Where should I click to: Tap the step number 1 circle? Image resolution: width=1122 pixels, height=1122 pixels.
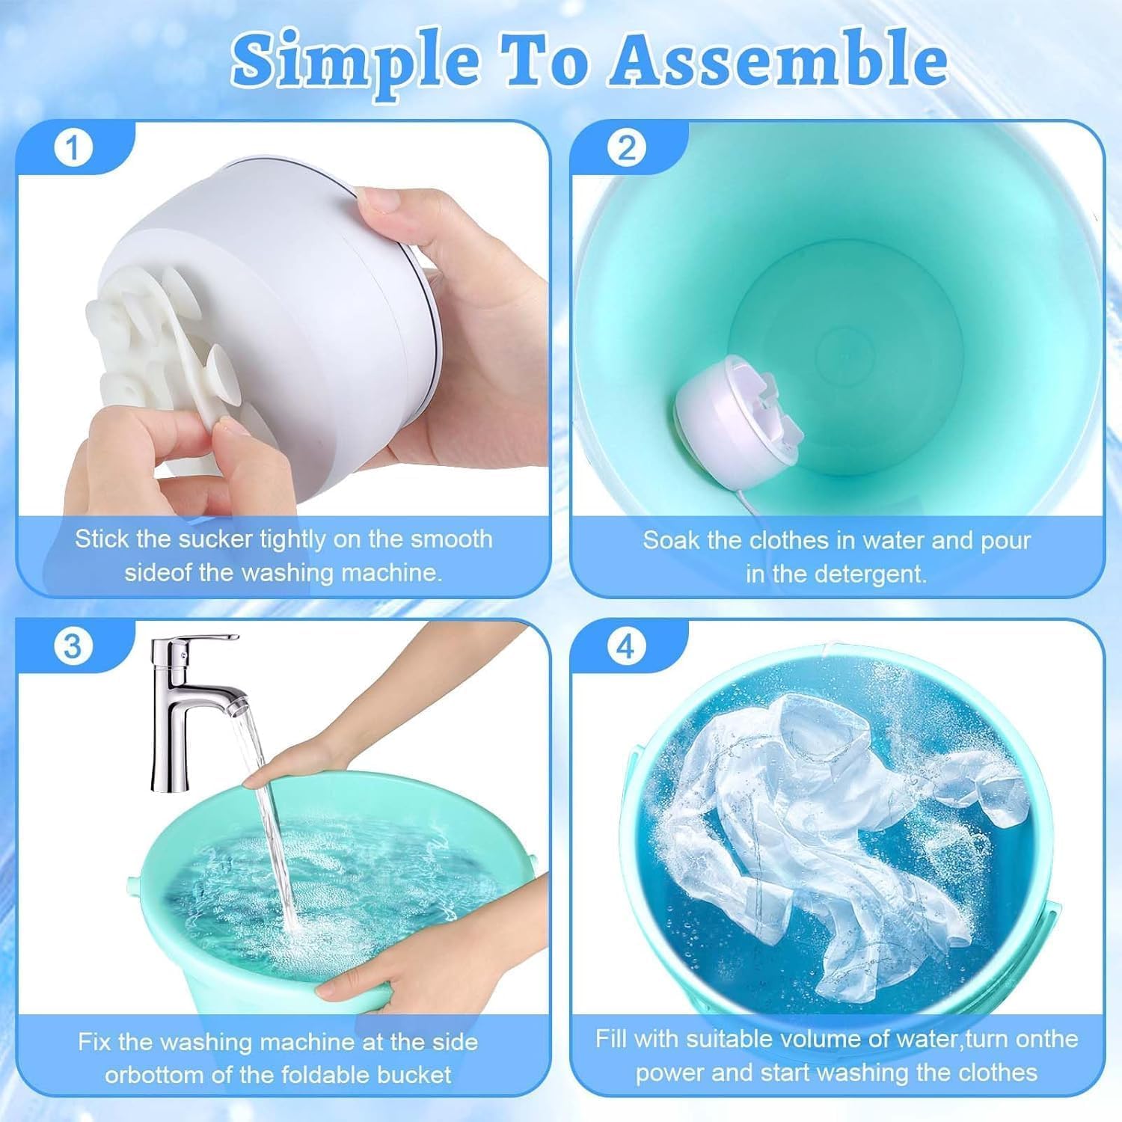73,149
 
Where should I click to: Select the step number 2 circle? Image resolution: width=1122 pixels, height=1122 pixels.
626,149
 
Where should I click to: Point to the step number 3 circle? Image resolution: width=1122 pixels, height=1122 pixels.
73,646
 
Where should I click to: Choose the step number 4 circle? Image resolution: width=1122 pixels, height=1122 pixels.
626,646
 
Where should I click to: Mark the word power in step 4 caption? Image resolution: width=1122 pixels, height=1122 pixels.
669,1073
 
